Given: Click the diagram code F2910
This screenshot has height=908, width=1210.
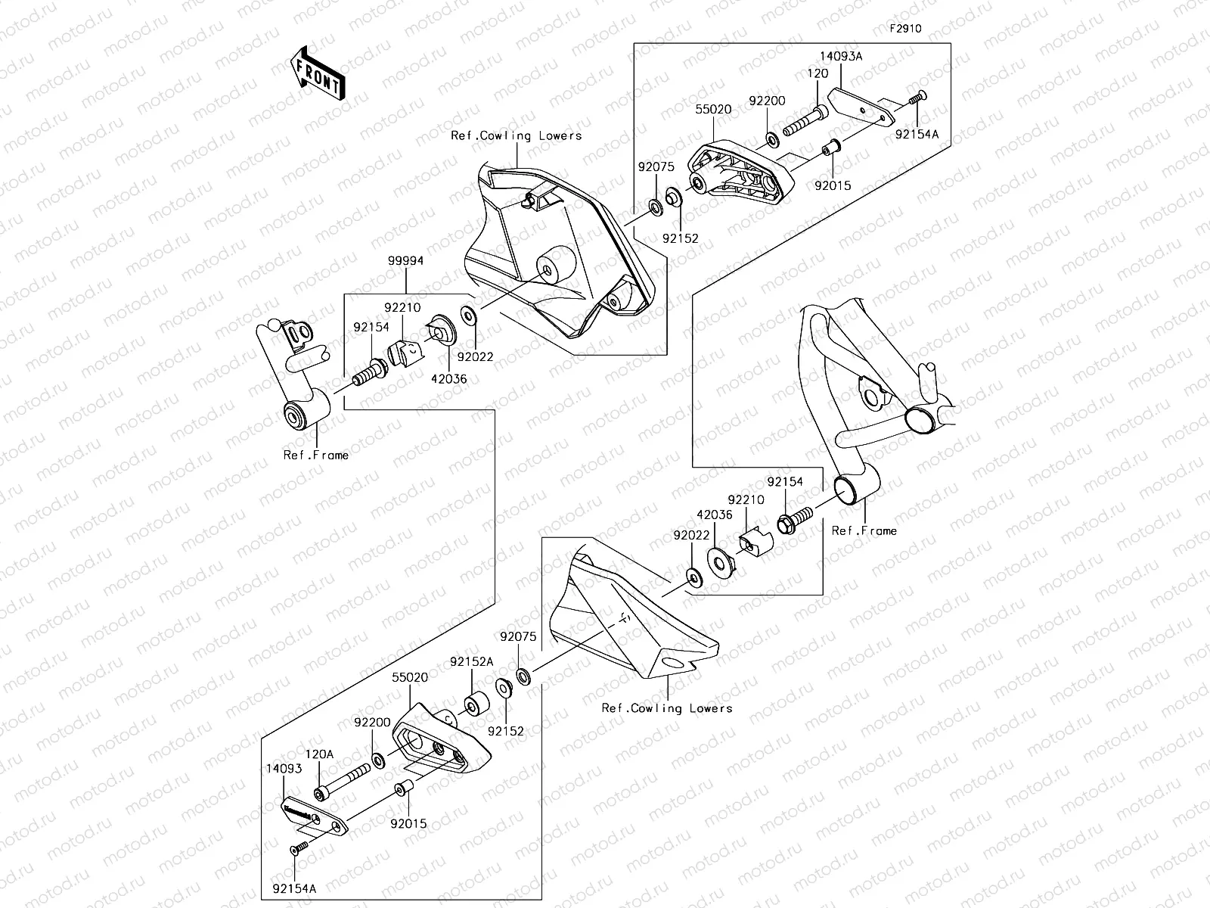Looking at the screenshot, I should tap(904, 29).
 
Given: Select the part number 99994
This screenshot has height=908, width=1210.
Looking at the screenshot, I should tap(406, 260).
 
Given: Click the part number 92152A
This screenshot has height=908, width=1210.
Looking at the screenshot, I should tap(471, 661).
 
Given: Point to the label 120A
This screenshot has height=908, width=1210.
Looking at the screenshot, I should tap(318, 754).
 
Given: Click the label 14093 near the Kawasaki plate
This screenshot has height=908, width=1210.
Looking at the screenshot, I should tap(284, 769).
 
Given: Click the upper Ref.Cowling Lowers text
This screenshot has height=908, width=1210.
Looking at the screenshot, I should tap(517, 135).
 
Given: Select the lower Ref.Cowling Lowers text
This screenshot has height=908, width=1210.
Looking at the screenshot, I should tap(667, 708).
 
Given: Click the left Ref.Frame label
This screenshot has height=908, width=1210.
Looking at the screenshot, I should tap(316, 455).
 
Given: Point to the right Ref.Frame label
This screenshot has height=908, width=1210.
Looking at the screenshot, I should tap(864, 530).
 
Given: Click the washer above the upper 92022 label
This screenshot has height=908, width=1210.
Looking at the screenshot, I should tap(467, 313).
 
